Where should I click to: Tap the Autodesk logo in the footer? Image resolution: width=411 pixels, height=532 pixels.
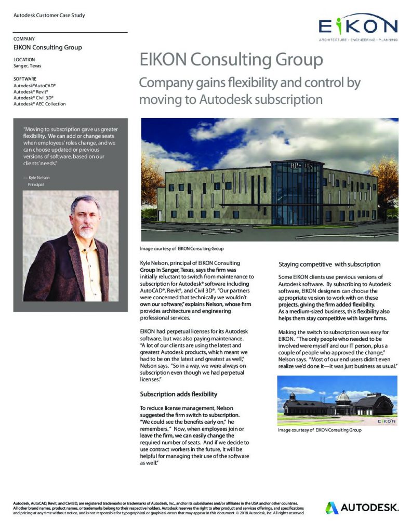362,507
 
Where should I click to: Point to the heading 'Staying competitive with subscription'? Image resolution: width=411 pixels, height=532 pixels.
329,264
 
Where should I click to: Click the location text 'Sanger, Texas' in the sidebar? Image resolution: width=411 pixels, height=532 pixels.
28,66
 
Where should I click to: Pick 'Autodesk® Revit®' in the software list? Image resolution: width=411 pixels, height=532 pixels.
31,91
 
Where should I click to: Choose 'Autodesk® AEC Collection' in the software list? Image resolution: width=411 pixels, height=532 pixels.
39,104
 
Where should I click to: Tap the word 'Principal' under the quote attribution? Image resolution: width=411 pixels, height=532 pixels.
37,184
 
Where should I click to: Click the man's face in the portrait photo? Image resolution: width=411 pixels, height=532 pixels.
84,219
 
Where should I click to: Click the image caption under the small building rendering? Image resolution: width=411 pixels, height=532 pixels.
319,430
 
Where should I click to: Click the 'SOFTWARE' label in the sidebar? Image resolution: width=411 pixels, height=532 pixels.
25,78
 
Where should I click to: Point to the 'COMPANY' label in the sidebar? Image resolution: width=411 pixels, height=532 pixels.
24,39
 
